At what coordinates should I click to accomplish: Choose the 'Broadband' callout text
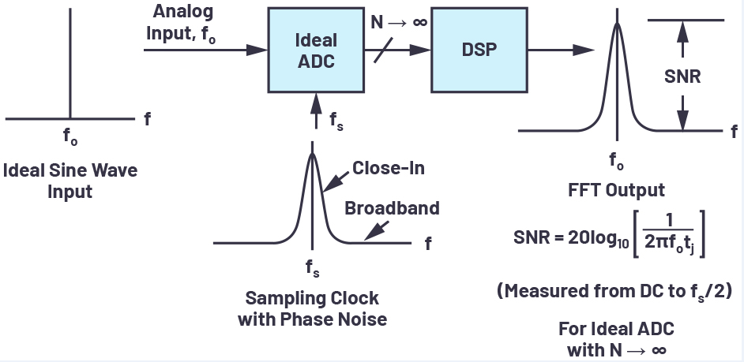point(392,209)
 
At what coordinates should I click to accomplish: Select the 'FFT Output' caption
point(617,190)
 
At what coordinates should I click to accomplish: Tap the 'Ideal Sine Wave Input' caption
point(71,181)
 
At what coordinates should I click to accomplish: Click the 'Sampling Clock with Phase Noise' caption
point(312,309)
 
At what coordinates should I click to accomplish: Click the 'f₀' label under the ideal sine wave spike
point(71,135)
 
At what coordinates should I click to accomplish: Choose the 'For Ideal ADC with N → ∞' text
point(617,338)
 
